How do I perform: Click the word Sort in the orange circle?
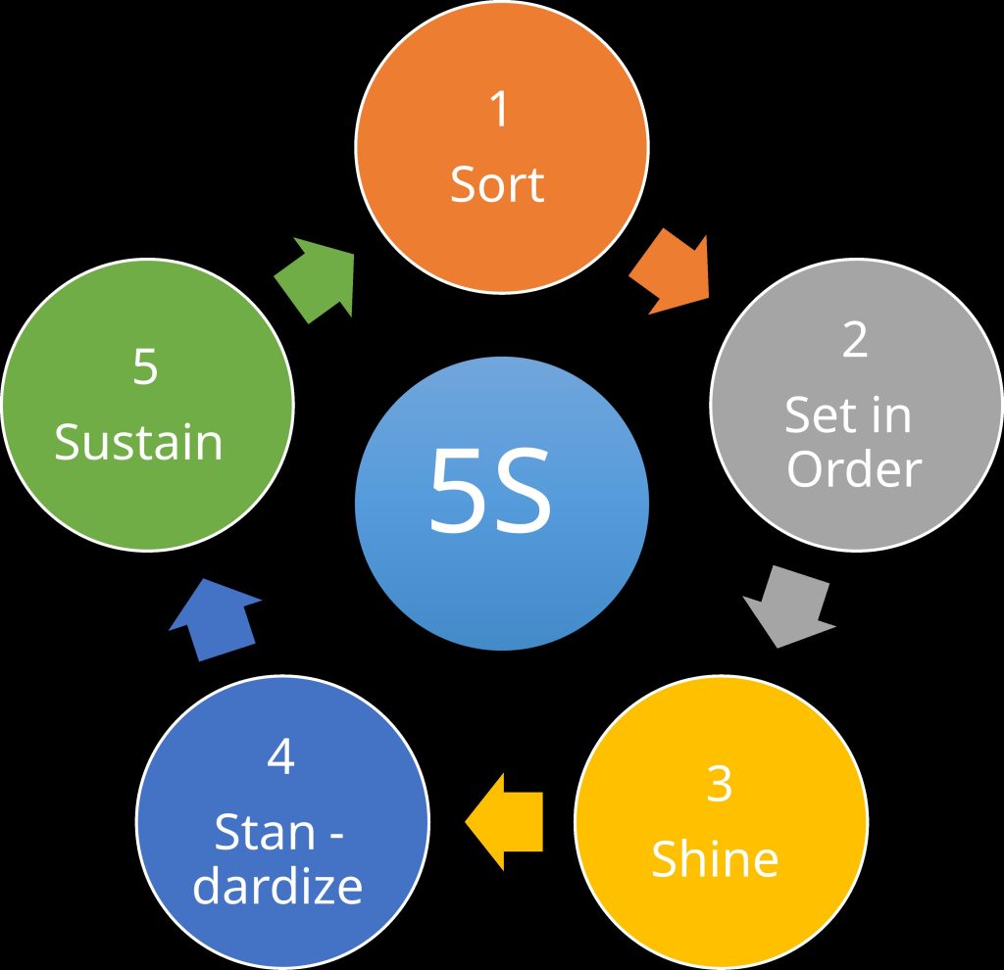pyautogui.click(x=497, y=183)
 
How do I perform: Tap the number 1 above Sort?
pyautogui.click(x=500, y=110)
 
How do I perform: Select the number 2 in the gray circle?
pyautogui.click(x=855, y=340)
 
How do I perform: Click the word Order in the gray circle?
pyautogui.click(x=854, y=469)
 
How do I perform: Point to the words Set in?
pyautogui.click(x=848, y=415)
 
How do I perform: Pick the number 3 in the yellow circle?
pyautogui.click(x=719, y=785)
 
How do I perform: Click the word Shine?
pyautogui.click(x=715, y=858)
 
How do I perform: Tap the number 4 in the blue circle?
pyautogui.click(x=280, y=758)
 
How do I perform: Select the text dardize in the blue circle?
pyautogui.click(x=278, y=886)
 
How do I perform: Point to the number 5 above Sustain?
pyautogui.click(x=145, y=367)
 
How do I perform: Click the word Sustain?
pyautogui.click(x=139, y=442)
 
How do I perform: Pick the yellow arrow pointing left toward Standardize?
pyautogui.click(x=505, y=821)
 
